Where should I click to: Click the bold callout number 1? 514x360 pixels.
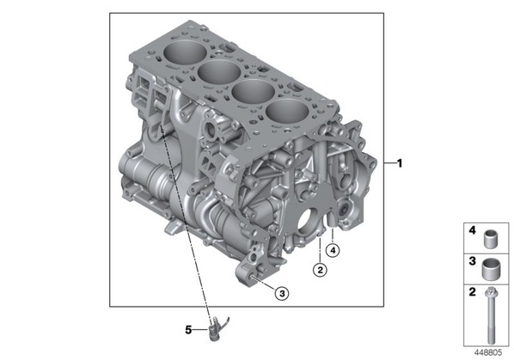400,163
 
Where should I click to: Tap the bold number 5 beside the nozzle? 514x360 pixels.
188,330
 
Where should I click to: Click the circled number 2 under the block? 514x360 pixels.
320,270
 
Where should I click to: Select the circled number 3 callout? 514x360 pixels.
282,293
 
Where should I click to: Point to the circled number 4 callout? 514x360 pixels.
333,251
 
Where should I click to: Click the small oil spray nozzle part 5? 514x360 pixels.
217,328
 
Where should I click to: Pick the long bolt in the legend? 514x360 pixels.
491,315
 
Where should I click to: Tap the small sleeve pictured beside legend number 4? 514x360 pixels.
491,240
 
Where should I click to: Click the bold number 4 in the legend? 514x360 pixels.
472,230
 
